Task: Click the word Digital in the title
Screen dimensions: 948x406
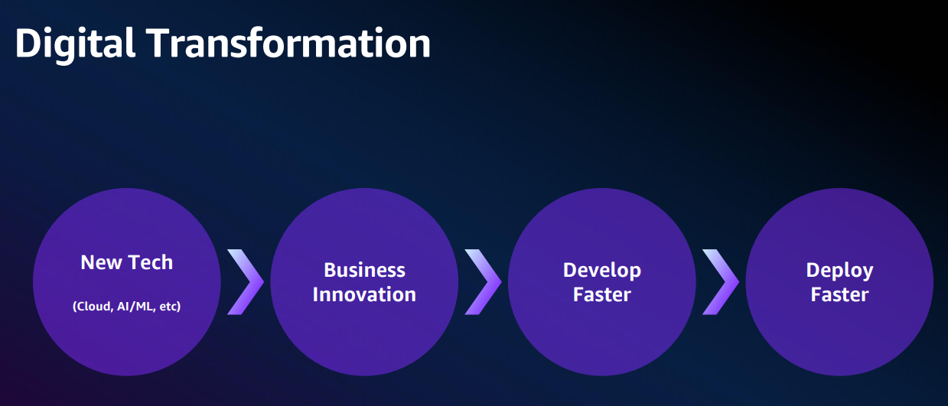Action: tap(75, 44)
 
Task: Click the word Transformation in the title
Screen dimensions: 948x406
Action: tap(288, 43)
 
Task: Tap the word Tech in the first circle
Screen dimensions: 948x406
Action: tap(150, 262)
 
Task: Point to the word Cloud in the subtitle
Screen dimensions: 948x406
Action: tap(93, 306)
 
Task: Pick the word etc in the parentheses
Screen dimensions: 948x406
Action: tap(170, 306)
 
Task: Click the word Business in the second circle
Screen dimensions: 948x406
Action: tap(364, 270)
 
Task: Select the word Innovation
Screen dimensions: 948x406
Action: tap(364, 294)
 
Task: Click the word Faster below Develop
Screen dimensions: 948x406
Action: tap(602, 294)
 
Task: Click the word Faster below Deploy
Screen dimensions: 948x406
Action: tap(839, 294)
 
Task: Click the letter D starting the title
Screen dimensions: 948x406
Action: tap(28, 43)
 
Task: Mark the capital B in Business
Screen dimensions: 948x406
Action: tap(330, 270)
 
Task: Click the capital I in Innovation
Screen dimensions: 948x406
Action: tap(315, 294)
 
